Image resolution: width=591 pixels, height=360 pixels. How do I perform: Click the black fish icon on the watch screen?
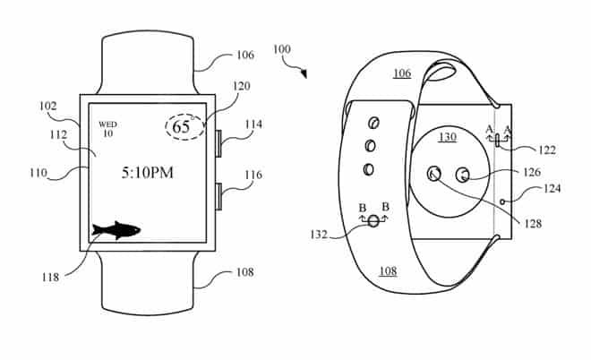coord(116,230)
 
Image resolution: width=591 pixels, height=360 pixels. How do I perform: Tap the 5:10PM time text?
coord(148,173)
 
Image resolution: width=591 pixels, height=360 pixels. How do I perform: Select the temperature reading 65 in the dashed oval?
coord(181,126)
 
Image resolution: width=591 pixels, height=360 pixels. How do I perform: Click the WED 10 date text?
coord(107,129)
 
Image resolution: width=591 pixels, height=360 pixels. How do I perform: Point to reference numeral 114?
coord(253,124)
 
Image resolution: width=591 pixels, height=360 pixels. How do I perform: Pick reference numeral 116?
coord(253,175)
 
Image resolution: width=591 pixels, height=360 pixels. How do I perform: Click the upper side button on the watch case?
coord(218,143)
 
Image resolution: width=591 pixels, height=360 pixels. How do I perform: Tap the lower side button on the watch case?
coord(218,196)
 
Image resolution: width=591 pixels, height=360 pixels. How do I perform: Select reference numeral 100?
coord(281,49)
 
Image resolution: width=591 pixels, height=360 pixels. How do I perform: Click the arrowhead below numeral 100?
coord(304,74)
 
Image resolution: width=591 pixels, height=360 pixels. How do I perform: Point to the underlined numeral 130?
coord(448,137)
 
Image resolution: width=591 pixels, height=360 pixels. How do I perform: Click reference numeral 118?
coord(50,278)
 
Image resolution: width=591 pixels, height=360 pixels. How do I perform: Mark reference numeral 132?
coord(319,235)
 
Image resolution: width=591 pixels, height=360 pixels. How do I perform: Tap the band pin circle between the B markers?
coord(373,221)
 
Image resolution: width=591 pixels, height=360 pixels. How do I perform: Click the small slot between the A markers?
coord(498,140)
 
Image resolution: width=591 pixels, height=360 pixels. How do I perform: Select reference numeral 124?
coord(552,188)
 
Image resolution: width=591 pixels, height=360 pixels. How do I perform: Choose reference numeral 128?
coord(533,224)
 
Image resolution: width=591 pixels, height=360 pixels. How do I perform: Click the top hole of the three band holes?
coord(373,123)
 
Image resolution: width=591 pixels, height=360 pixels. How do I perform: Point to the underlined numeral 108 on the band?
coord(389,271)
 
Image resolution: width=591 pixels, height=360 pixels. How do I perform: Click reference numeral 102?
coord(47,107)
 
